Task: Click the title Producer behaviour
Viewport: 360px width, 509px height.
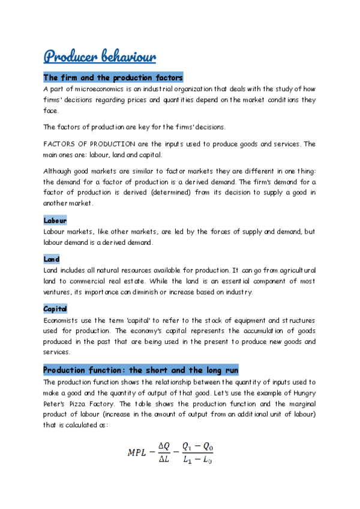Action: (x=100, y=56)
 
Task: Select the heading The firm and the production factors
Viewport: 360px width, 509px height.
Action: (x=113, y=78)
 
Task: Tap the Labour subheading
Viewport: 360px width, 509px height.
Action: (x=55, y=221)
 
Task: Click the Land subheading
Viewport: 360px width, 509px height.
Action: (x=52, y=259)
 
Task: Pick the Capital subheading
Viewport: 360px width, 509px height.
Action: (x=55, y=309)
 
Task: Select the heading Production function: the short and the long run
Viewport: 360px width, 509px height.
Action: (x=141, y=370)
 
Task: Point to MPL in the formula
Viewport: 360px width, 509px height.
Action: (x=138, y=453)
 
